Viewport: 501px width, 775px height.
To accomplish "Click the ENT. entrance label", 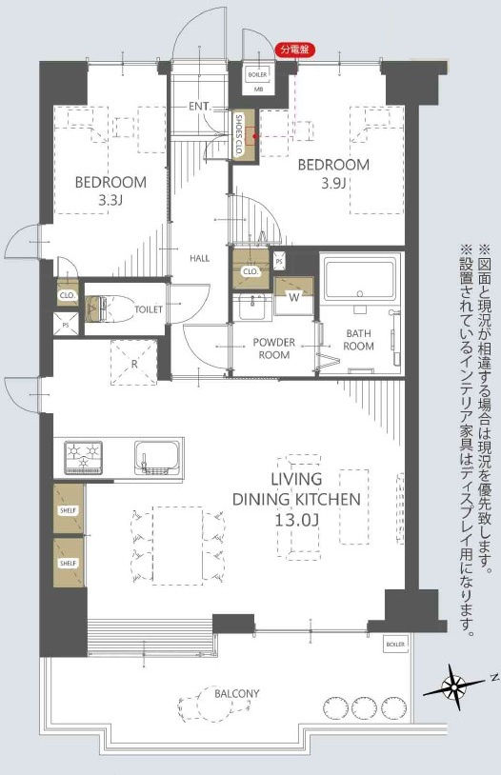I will (x=199, y=107).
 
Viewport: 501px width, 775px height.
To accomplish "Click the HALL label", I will (x=200, y=258).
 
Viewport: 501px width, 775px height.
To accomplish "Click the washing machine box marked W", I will (x=292, y=295).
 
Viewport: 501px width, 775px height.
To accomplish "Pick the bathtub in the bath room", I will (x=358, y=281).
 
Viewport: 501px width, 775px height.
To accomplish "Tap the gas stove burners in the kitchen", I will (x=83, y=457).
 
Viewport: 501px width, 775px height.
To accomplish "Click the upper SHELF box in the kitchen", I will (x=68, y=508).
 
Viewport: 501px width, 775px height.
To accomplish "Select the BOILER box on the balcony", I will (x=395, y=645).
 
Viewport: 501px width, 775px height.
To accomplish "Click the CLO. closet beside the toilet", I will (x=67, y=295).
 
